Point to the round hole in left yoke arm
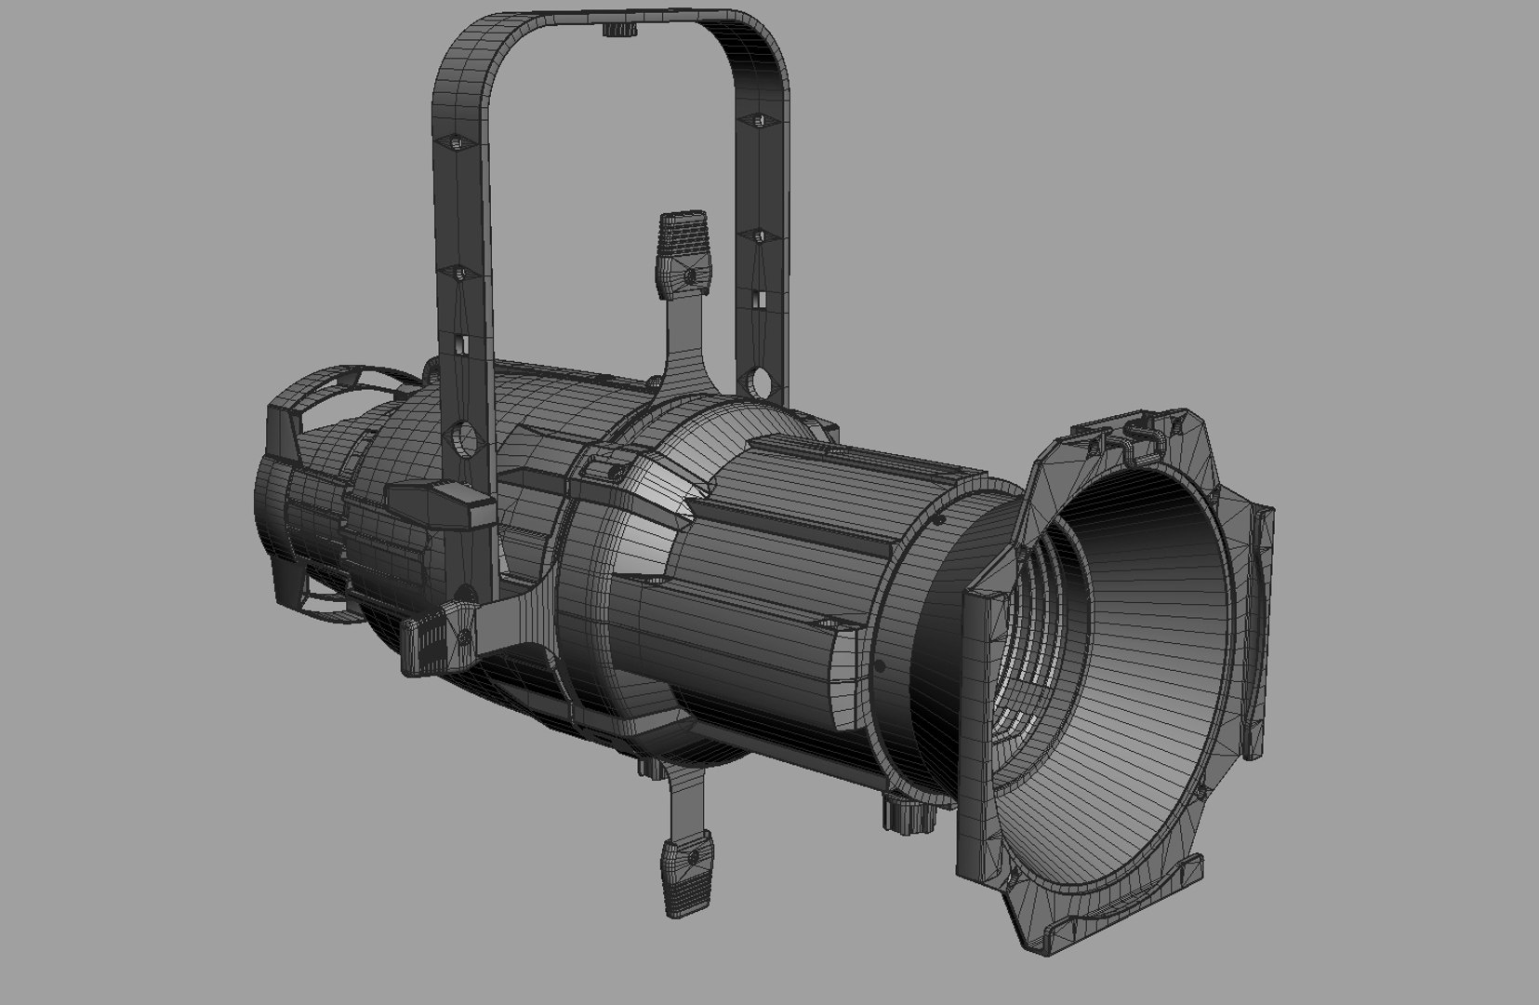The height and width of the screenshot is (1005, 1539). click(461, 436)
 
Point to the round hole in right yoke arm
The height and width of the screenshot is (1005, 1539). click(757, 381)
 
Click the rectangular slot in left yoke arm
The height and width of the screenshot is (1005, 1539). click(460, 342)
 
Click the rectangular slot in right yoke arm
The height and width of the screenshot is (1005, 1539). click(759, 300)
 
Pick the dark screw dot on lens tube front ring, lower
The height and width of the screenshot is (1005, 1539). click(880, 665)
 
